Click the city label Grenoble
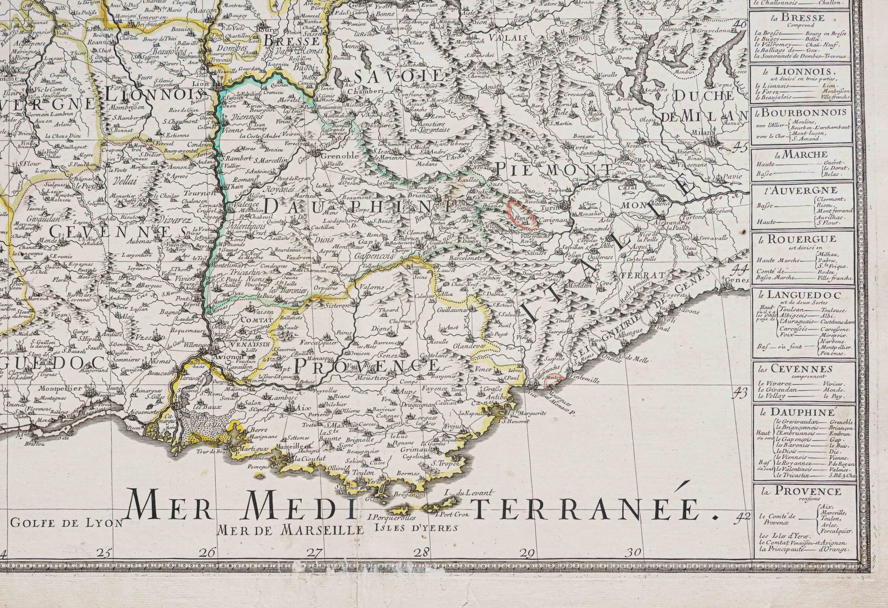[334, 156]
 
